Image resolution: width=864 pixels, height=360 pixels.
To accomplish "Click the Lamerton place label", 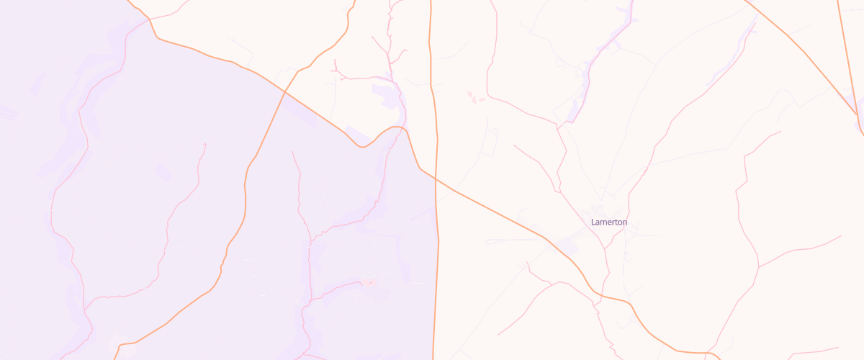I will (608, 222).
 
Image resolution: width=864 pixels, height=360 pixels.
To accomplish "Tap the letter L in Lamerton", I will (593, 222).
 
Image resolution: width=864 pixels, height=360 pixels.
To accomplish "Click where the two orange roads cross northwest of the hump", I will (285, 92).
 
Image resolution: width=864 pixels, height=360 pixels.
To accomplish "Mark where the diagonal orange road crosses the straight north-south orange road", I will (436, 180).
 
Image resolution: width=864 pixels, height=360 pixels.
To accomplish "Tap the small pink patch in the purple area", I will (368, 282).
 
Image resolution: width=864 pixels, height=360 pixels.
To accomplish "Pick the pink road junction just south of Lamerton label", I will (606, 248).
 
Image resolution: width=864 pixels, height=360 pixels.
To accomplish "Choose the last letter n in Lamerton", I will (624, 222).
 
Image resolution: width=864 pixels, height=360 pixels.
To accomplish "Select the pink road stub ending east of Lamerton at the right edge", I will (841, 235).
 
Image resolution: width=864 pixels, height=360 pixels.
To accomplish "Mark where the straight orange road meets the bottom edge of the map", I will (433, 358).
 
